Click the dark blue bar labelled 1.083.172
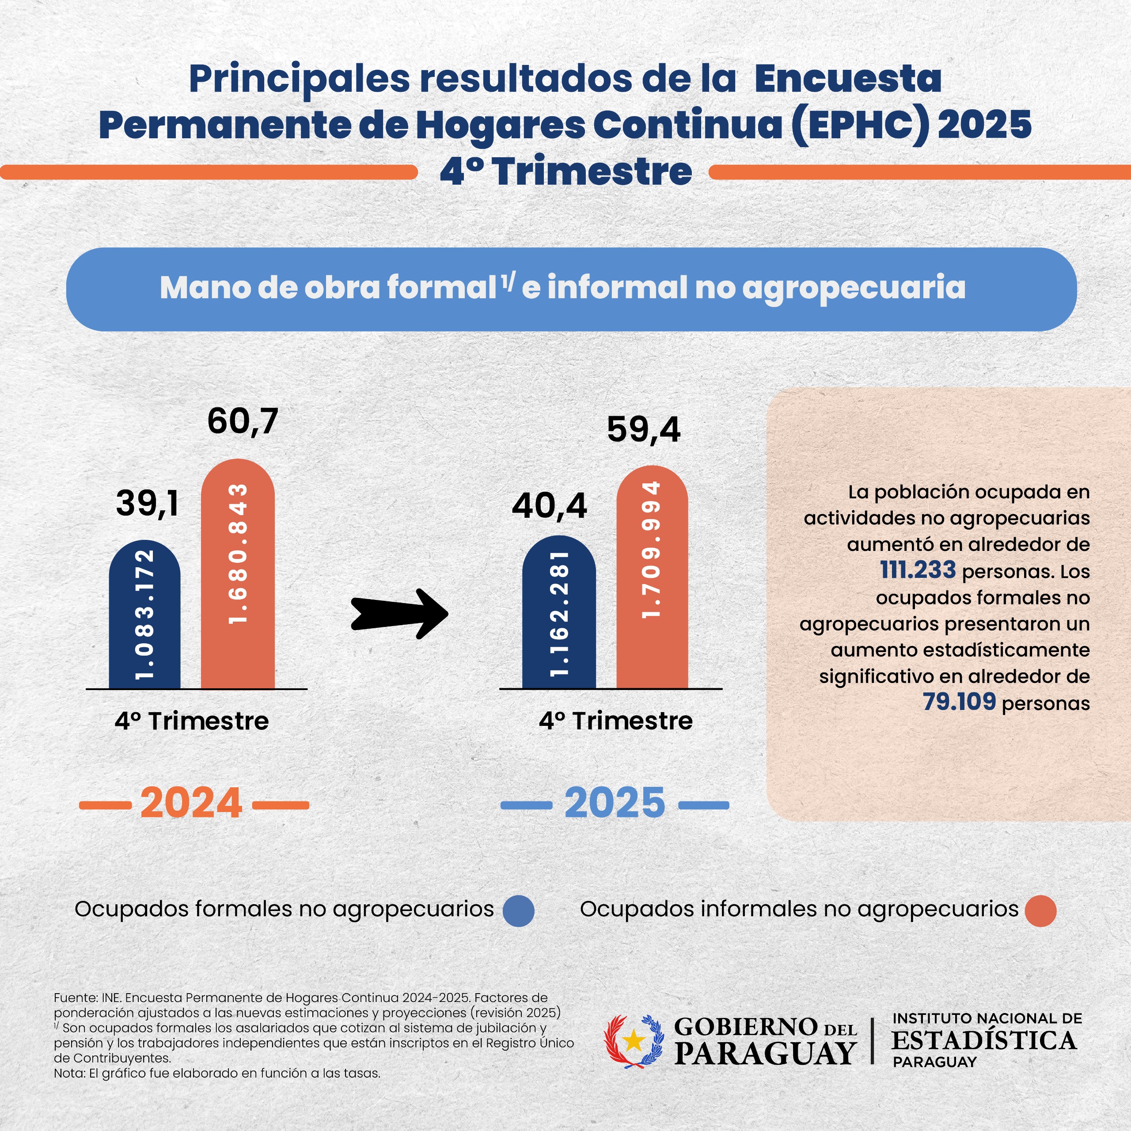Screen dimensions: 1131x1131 144,615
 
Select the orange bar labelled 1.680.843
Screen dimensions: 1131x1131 238,574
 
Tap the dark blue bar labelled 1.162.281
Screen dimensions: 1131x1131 558,612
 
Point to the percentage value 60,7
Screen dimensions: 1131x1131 243,421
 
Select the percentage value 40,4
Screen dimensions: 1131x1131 549,506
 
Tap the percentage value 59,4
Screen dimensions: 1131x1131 643,430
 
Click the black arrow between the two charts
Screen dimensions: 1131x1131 399,614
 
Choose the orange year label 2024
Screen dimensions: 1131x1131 191,803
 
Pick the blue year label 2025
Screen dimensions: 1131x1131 615,803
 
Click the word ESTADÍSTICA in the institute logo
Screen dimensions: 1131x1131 984,1040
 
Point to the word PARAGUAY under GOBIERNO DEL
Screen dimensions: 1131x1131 766,1054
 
